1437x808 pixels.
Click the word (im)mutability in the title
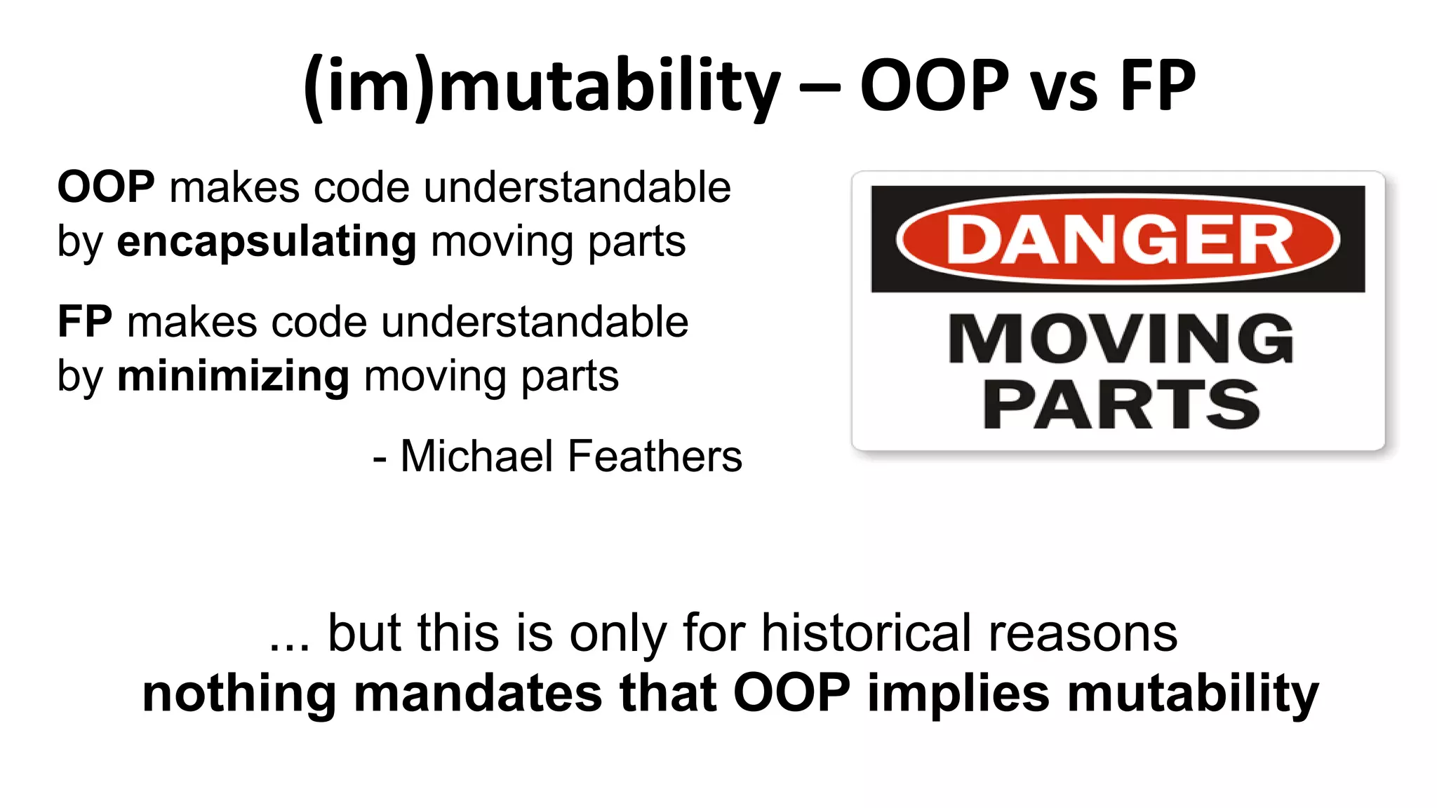click(542, 86)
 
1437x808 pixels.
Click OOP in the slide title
click(934, 86)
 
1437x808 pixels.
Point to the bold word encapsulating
click(267, 243)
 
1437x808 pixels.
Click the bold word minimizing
click(233, 377)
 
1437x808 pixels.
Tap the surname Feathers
click(655, 457)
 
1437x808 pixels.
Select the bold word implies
click(958, 694)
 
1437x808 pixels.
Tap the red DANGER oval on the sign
click(1118, 239)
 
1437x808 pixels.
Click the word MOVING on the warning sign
click(1121, 339)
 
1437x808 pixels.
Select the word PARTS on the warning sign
click(1121, 405)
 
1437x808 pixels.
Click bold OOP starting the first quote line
click(106, 188)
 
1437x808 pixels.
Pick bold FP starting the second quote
click(85, 323)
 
